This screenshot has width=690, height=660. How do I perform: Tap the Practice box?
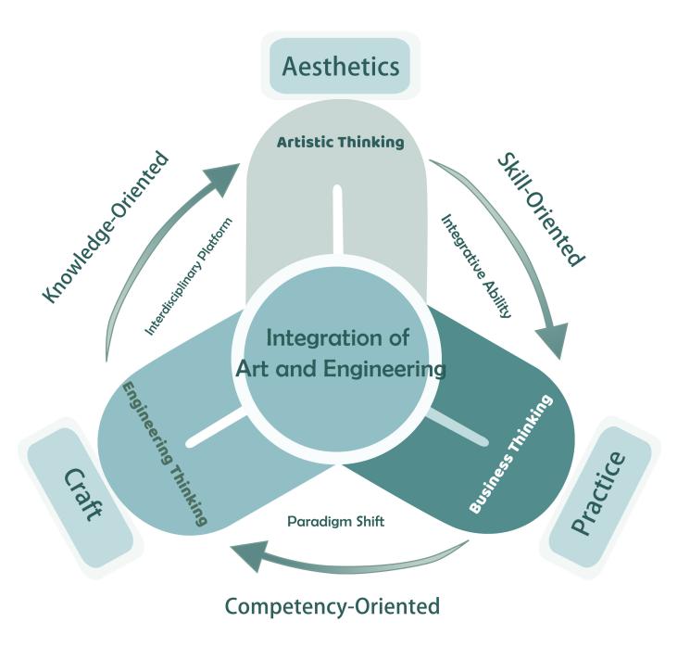(597, 495)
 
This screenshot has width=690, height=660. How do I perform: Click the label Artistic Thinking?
(341, 143)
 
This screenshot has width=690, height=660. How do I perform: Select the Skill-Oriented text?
(542, 208)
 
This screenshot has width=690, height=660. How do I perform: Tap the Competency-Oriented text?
(332, 607)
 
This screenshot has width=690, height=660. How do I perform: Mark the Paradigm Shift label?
(336, 522)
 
